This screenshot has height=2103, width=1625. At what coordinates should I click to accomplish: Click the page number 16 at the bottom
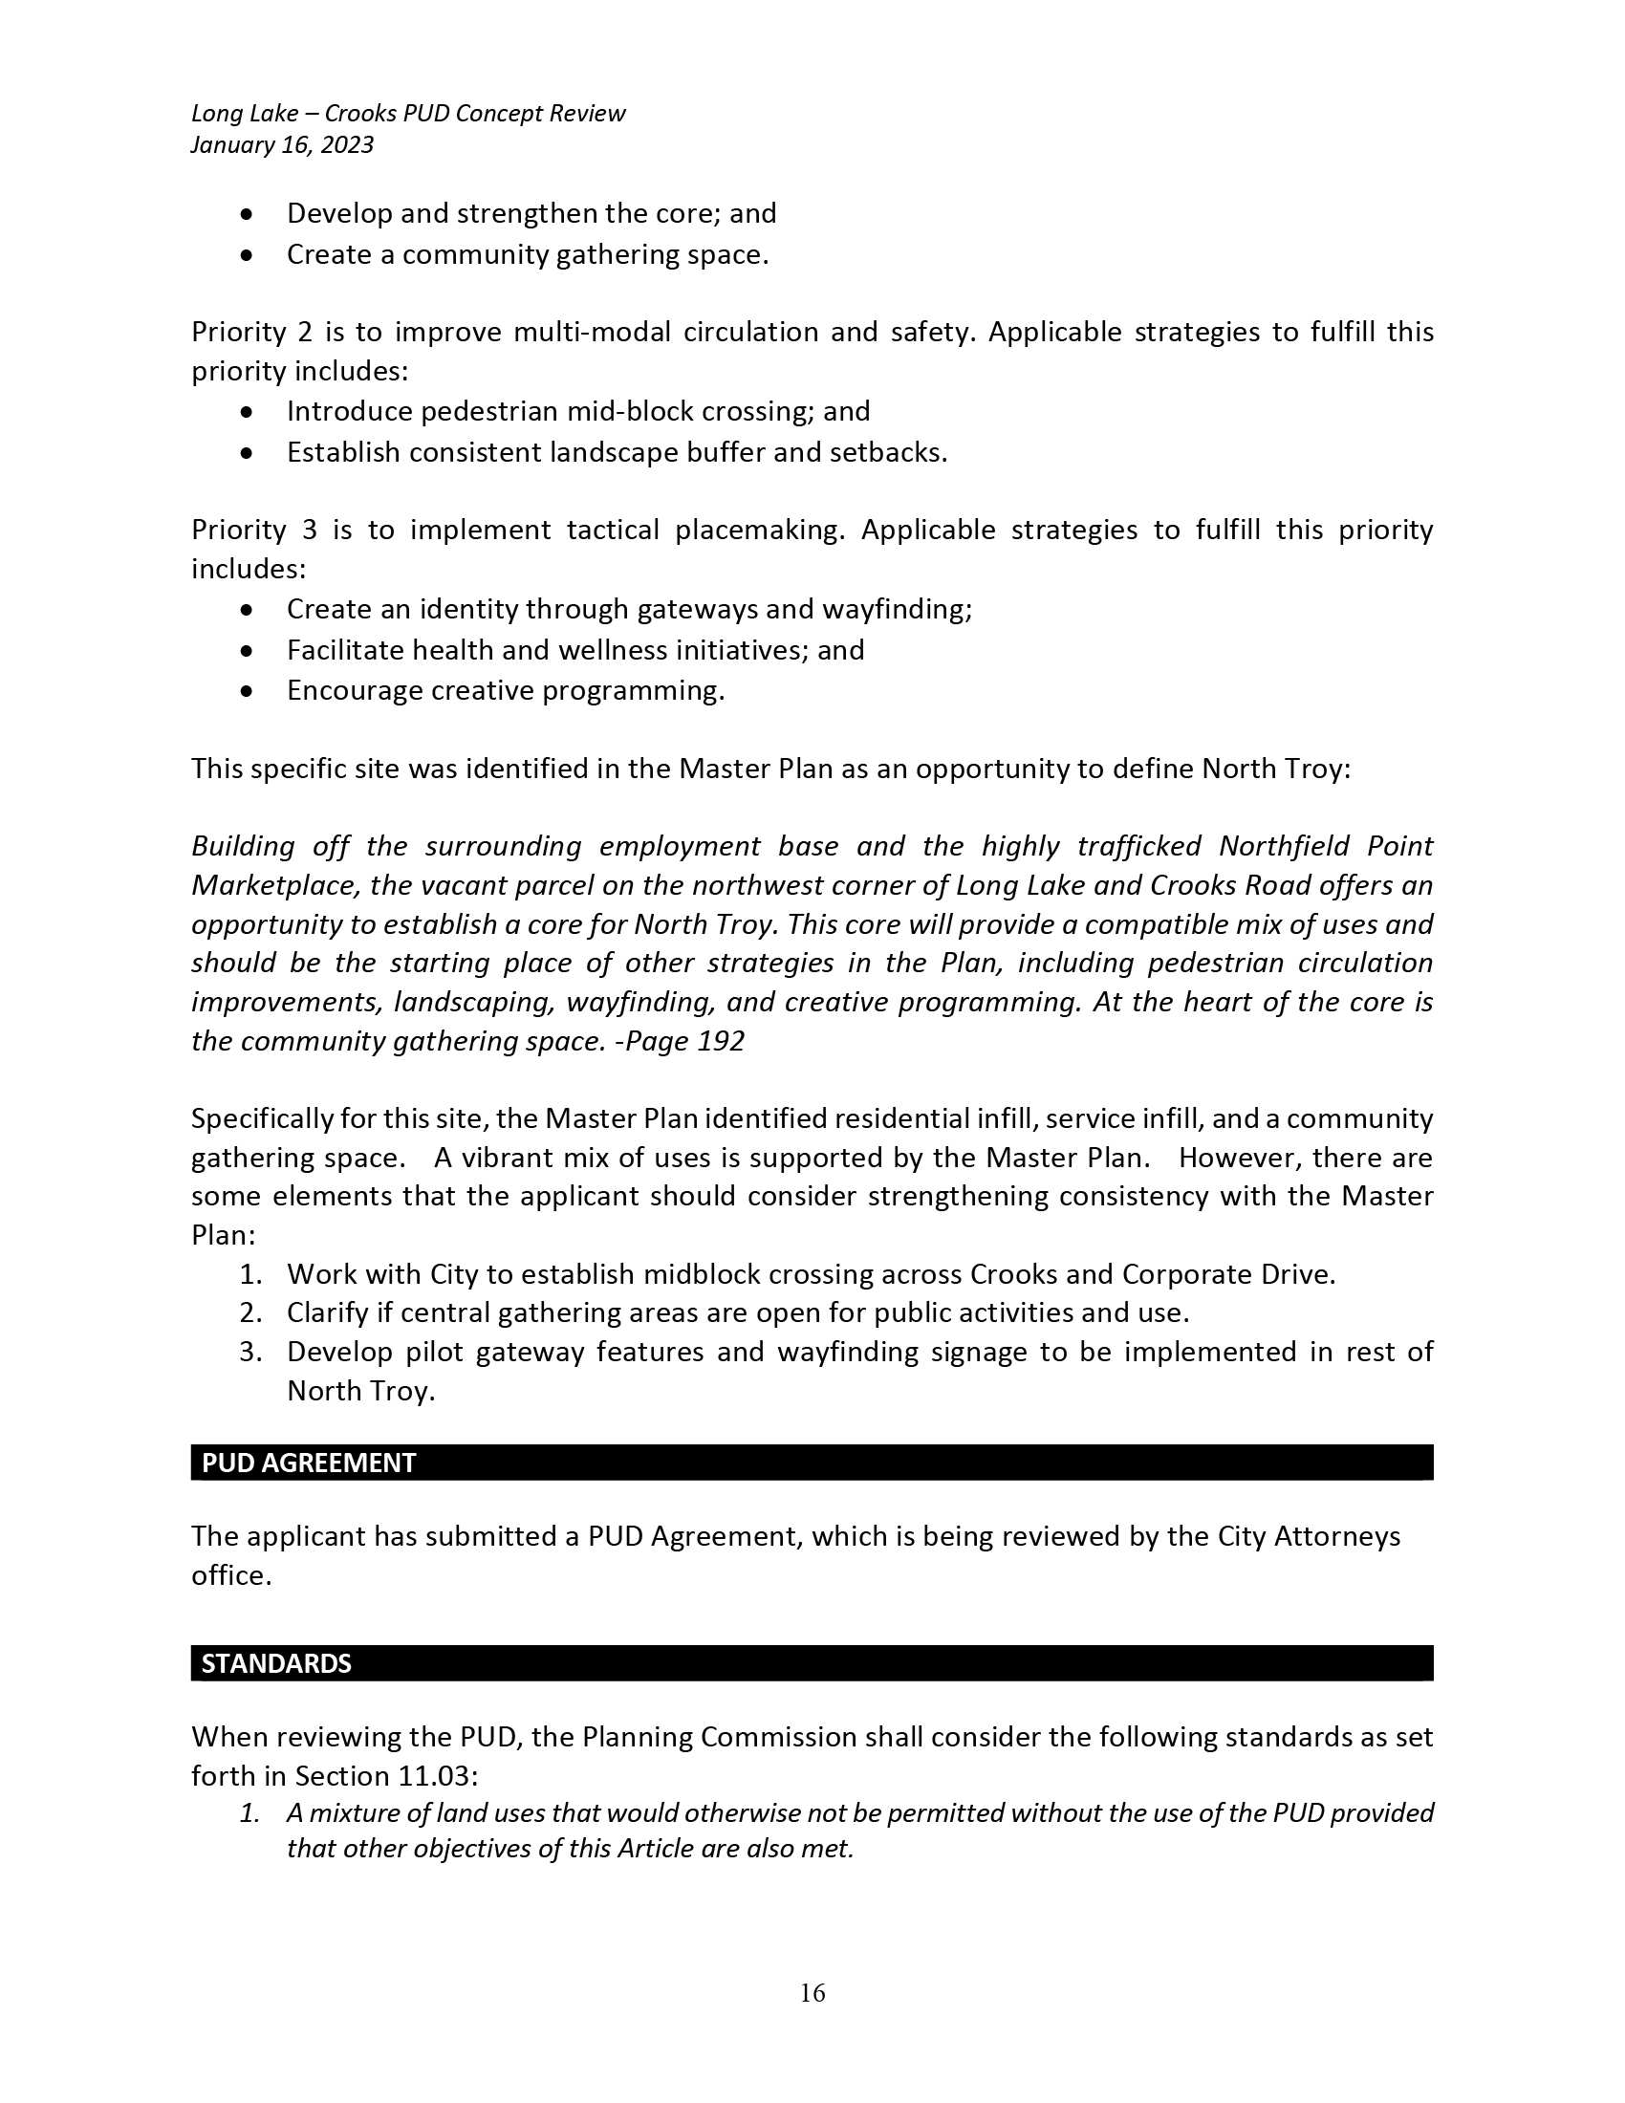pos(812,1992)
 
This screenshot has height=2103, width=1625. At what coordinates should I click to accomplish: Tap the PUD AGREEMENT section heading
pos(308,1463)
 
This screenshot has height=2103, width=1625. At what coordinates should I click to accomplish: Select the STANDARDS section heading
pos(276,1663)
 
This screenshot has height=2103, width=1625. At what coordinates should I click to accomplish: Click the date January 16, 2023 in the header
pos(282,144)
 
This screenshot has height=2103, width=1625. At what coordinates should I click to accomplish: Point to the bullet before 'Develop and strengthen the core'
pos(248,214)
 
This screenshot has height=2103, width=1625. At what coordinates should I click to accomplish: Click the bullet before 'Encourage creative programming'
pos(248,691)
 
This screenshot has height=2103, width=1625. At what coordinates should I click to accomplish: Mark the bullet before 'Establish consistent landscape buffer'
pos(248,452)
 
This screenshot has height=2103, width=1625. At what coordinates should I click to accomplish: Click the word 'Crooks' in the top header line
pos(360,114)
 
